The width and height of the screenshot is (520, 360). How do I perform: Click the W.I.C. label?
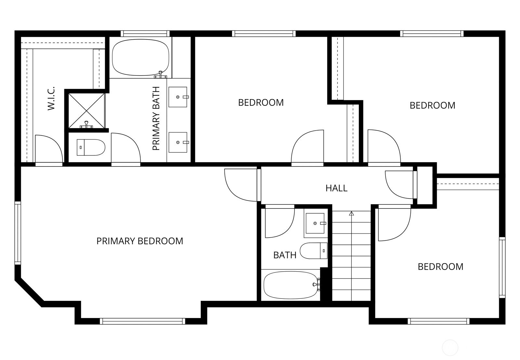pyautogui.click(x=51, y=98)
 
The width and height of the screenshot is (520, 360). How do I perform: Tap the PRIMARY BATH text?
pyautogui.click(x=156, y=118)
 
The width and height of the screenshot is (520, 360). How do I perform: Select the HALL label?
pyautogui.click(x=336, y=188)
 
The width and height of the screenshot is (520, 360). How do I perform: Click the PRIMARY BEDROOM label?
pyautogui.click(x=140, y=241)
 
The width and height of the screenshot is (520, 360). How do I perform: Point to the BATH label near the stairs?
pyautogui.click(x=285, y=255)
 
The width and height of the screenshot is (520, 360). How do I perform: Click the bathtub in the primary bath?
pyautogui.click(x=141, y=57)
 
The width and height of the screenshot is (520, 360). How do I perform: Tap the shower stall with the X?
pyautogui.click(x=86, y=111)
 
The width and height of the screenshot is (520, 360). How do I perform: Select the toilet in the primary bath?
pyautogui.click(x=91, y=148)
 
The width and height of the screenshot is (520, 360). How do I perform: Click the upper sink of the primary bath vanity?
pyautogui.click(x=178, y=97)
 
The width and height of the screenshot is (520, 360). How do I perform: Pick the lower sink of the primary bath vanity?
pyautogui.click(x=178, y=142)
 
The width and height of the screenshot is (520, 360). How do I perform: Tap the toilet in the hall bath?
pyautogui.click(x=314, y=251)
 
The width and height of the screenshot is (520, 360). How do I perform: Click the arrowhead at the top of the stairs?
pyautogui.click(x=351, y=213)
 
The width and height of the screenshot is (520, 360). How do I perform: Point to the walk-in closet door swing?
pyautogui.click(x=49, y=149)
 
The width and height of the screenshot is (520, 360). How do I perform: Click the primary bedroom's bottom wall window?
pyautogui.click(x=143, y=321)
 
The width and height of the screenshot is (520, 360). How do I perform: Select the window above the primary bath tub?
pyautogui.click(x=145, y=34)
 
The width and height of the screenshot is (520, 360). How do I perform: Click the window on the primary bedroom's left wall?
pyautogui.click(x=18, y=233)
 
